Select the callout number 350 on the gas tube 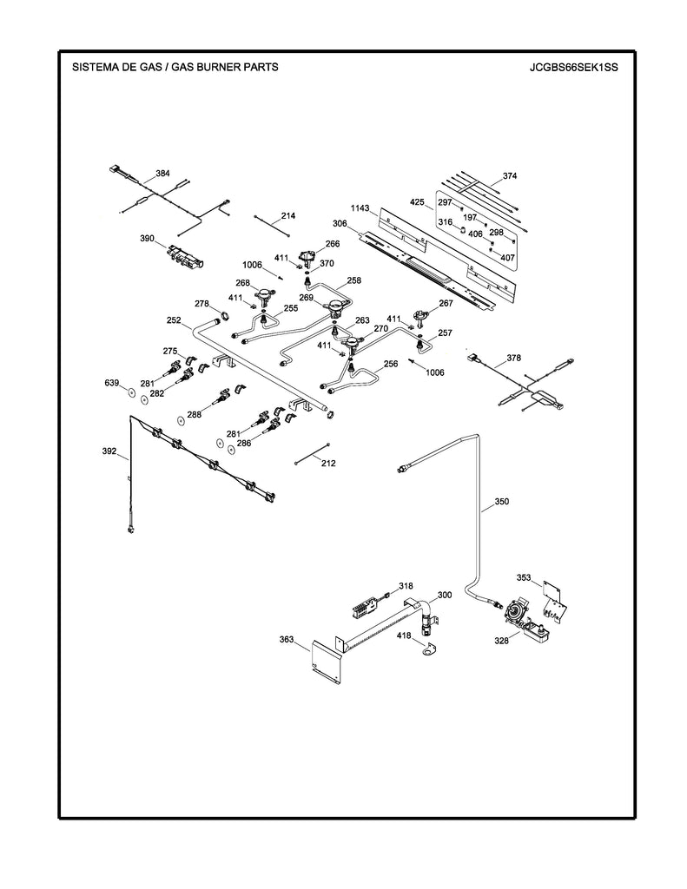pos(502,501)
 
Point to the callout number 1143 pos(360,208)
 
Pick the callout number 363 pos(287,640)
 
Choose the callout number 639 pos(111,382)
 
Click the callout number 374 pos(509,176)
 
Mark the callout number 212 pos(328,464)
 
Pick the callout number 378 pos(514,358)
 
